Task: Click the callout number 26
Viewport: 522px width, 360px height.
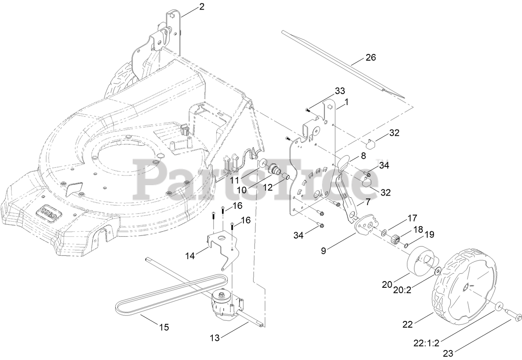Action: click(x=371, y=58)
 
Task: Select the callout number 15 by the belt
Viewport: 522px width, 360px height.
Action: click(x=164, y=327)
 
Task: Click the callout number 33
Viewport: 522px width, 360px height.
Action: click(x=340, y=91)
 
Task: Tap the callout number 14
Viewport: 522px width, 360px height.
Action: click(x=190, y=256)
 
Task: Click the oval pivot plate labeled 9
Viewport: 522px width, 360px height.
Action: click(x=365, y=224)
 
